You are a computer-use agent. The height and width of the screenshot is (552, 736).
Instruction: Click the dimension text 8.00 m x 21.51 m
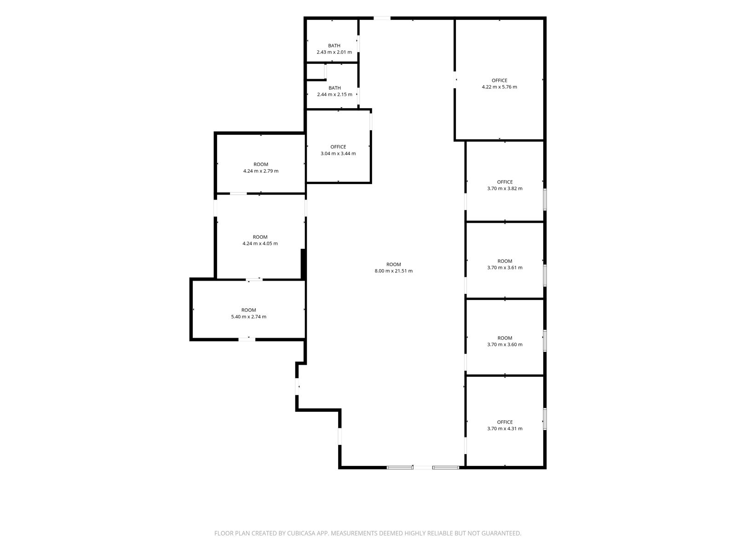click(x=393, y=270)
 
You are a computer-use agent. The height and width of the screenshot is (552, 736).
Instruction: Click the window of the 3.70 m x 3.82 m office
click(x=545, y=200)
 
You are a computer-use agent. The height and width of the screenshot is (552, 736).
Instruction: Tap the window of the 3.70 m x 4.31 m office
click(x=545, y=419)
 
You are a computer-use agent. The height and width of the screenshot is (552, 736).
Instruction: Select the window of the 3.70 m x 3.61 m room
click(x=545, y=276)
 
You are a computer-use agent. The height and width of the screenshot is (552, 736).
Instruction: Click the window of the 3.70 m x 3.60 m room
click(x=545, y=341)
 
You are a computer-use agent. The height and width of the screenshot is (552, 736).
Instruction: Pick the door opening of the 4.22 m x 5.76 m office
click(x=454, y=80)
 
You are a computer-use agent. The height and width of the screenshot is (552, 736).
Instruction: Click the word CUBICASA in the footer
click(x=301, y=533)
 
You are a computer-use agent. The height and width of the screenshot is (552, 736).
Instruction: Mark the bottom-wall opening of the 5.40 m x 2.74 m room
click(x=247, y=339)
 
